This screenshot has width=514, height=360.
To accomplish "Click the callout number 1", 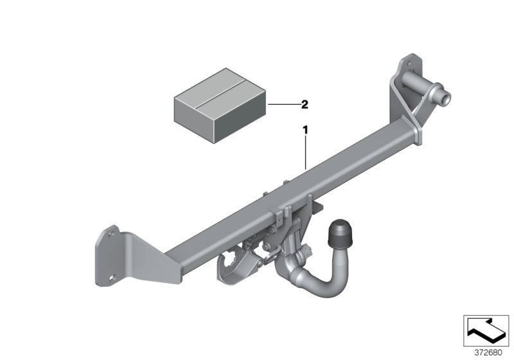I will pyautogui.click(x=306, y=130).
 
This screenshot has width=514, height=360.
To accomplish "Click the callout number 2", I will pyautogui.click(x=305, y=104).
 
